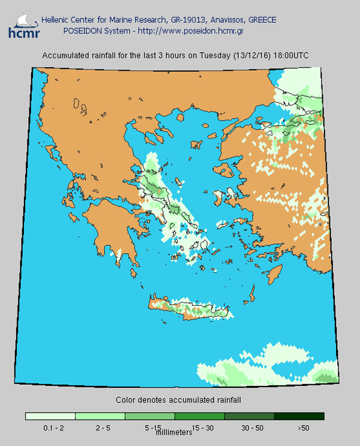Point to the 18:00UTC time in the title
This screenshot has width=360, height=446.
(291, 55)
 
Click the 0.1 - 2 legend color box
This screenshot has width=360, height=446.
(50, 416)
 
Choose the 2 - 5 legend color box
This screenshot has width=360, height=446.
(100, 416)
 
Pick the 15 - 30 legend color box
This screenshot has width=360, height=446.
(200, 416)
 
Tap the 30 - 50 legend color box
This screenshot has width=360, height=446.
(250, 416)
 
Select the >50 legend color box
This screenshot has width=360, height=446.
(299, 416)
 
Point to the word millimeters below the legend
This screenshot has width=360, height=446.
(174, 432)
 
